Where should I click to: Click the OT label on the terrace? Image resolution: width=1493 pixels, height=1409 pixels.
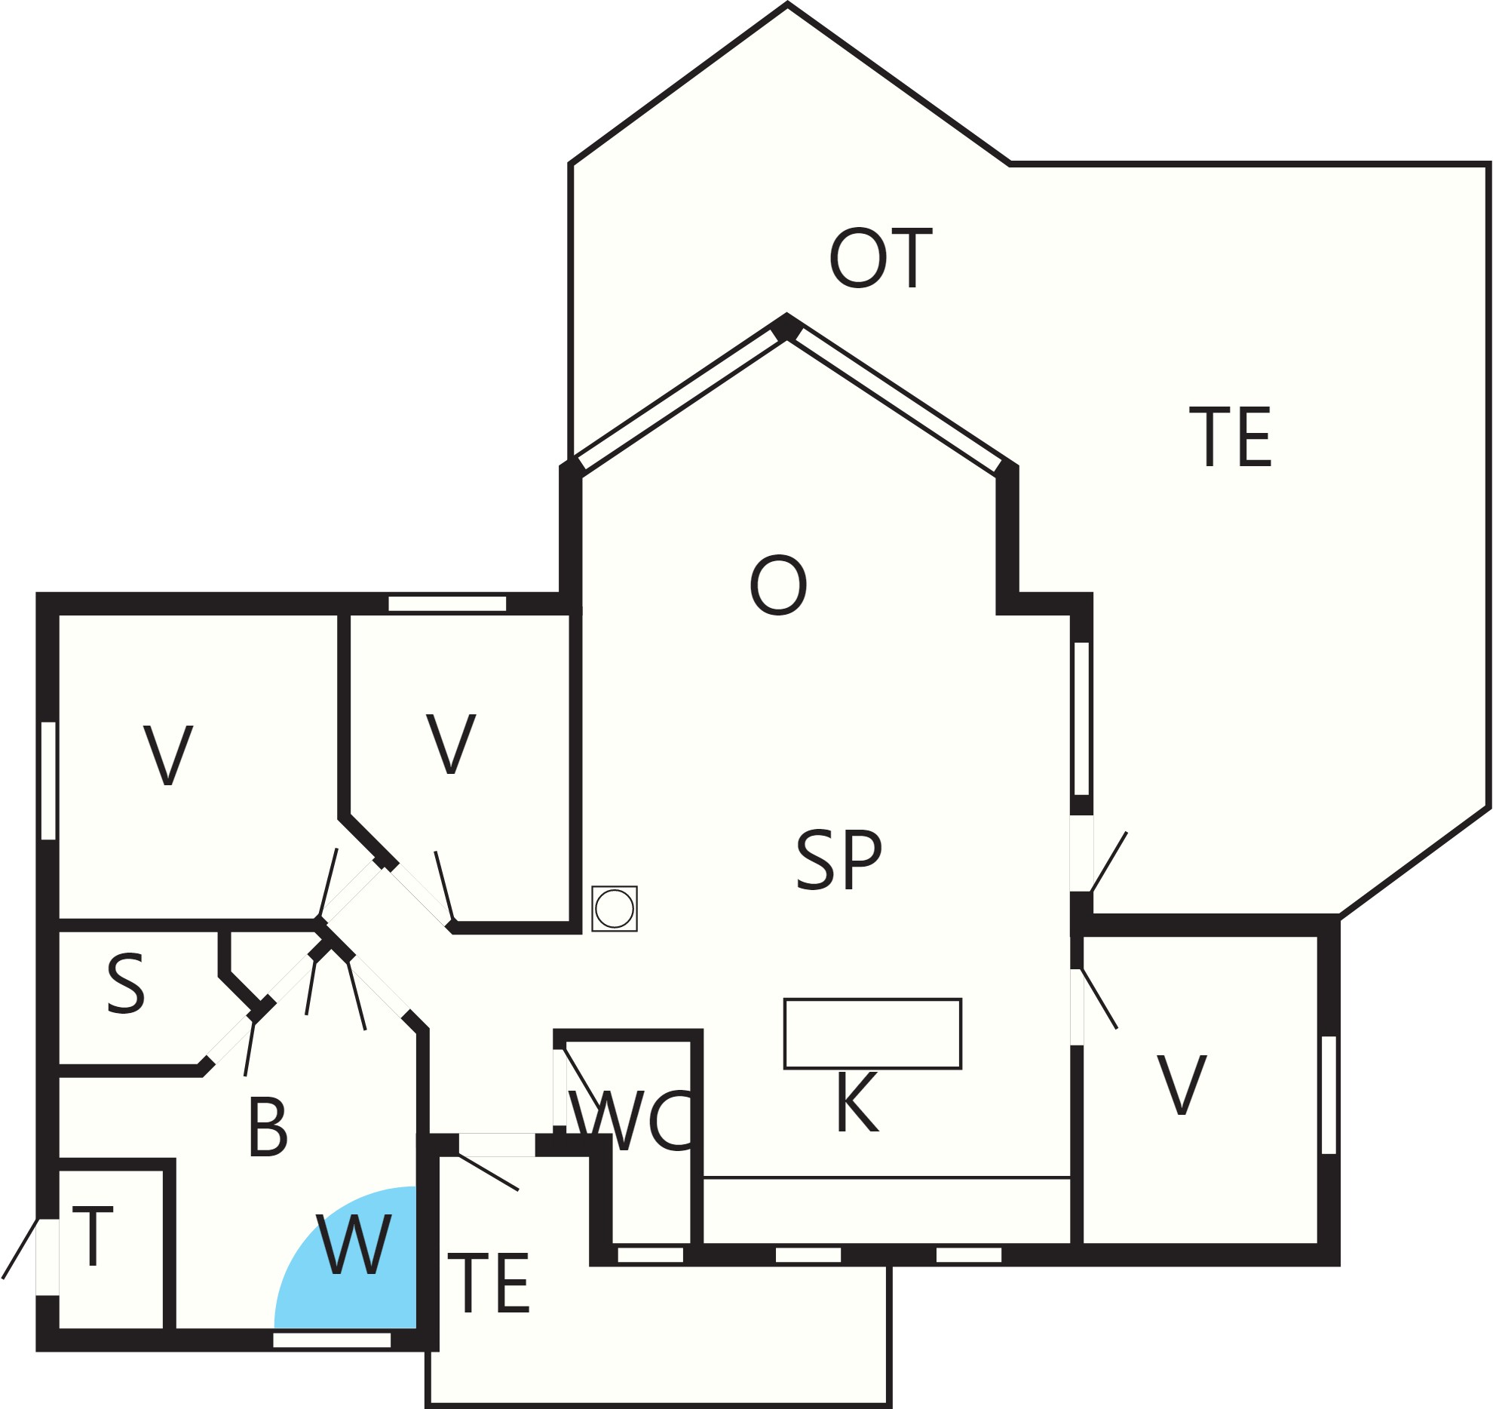(881, 258)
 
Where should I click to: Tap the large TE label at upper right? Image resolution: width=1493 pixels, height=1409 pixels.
(1231, 437)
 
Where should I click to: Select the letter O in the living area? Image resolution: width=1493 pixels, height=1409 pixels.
(778, 585)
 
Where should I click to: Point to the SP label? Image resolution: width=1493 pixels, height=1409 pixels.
(838, 859)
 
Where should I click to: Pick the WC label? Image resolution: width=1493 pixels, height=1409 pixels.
(630, 1121)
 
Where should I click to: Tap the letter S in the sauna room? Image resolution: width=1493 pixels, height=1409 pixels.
(125, 984)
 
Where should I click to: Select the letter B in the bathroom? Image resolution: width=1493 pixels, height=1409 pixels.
(268, 1128)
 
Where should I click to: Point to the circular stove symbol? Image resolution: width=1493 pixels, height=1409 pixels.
(615, 909)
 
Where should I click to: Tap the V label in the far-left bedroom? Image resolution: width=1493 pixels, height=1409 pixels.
(168, 755)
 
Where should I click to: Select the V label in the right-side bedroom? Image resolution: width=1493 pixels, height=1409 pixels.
(1182, 1085)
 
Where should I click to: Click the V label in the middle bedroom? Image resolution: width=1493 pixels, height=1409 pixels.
(451, 744)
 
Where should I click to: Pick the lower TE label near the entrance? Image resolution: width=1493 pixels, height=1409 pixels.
(489, 1283)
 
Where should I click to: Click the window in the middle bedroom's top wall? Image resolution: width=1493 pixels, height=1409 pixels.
(447, 603)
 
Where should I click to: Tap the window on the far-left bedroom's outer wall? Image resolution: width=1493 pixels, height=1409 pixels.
(48, 781)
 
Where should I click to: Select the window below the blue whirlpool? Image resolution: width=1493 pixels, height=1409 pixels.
(332, 1340)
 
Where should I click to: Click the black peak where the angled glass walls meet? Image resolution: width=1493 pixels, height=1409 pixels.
(786, 327)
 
